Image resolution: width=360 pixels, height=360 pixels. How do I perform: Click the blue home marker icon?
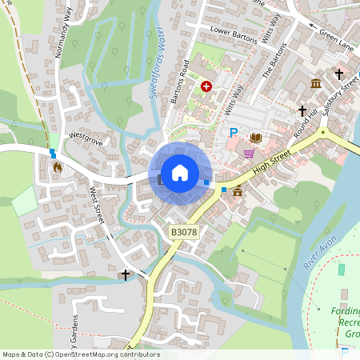180,173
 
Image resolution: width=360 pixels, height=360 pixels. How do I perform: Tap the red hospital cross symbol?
207,86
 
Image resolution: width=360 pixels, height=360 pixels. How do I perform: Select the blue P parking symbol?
234,133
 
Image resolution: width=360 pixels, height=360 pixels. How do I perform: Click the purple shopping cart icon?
250,154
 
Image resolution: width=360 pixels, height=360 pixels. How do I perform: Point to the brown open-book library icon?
256,138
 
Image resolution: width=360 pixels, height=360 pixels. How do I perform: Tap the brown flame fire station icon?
57,168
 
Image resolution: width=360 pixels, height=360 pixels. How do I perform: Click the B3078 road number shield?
183,232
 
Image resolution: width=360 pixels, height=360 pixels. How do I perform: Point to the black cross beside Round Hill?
302,111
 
